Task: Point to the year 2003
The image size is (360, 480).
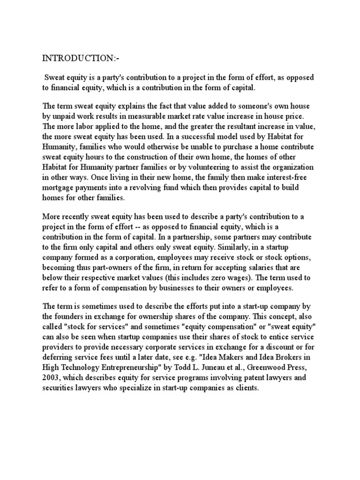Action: [x=52, y=377]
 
